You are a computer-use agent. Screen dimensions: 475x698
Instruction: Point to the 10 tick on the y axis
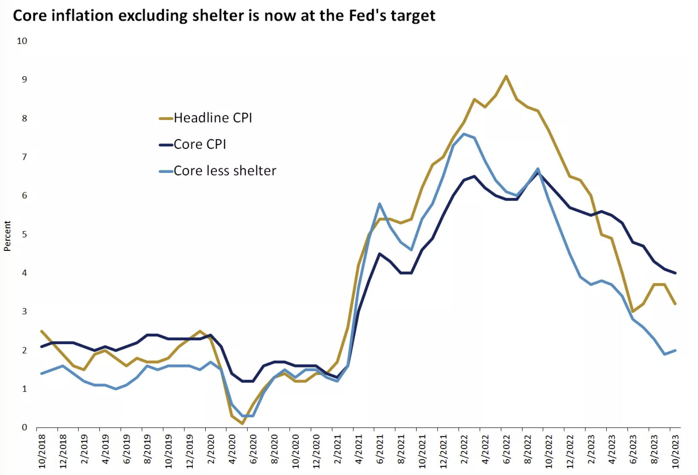(22, 41)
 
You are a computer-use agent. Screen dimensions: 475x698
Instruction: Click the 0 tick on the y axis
(25, 427)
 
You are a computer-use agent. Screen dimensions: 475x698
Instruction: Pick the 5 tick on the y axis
(25, 234)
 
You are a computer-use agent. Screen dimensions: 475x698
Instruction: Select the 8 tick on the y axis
(25, 118)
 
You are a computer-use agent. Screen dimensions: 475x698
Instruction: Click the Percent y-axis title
(7, 236)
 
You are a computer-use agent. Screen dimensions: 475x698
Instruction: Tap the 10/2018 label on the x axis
(42, 451)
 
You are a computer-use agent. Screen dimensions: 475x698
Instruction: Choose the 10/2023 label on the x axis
(676, 451)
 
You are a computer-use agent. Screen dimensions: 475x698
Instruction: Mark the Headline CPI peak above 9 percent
(506, 77)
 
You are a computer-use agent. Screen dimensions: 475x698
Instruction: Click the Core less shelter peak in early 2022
(464, 134)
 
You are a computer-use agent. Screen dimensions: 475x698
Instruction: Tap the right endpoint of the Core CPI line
(675, 273)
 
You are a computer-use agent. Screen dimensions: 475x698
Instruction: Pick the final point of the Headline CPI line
(675, 304)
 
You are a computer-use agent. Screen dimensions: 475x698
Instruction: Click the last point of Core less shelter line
(675, 350)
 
